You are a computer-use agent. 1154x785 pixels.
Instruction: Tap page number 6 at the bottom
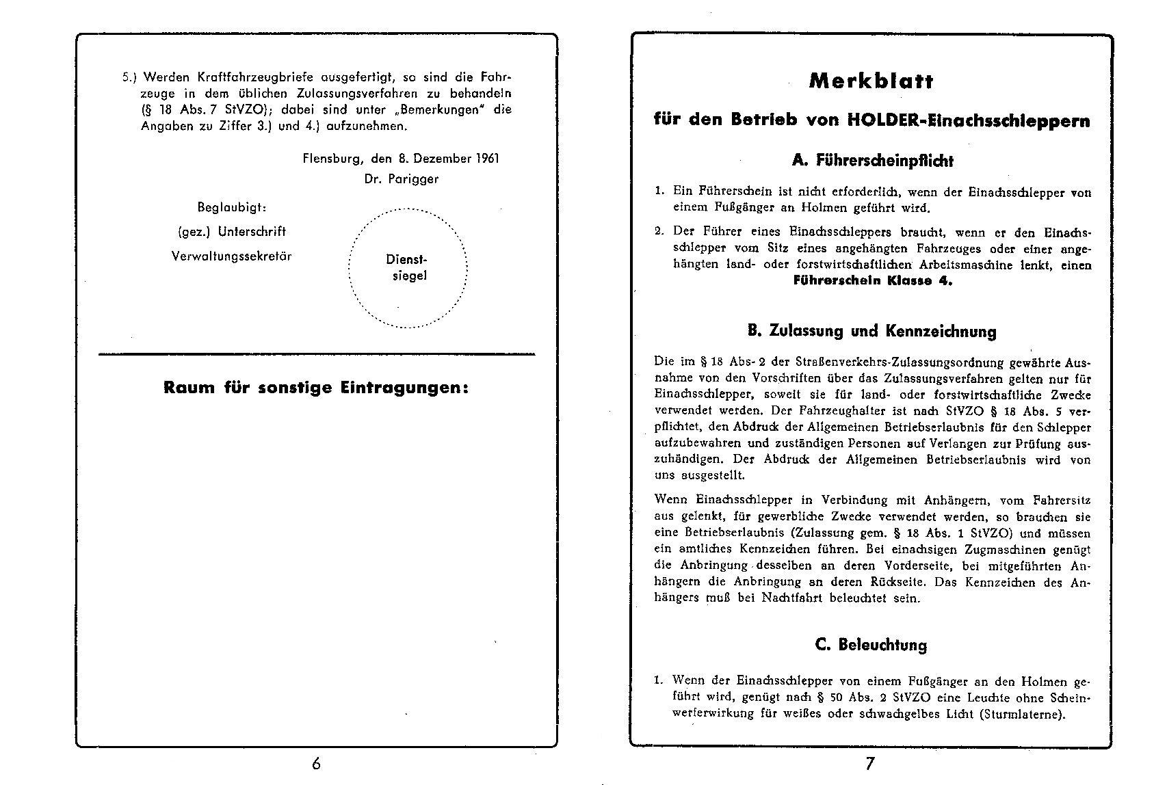(316, 763)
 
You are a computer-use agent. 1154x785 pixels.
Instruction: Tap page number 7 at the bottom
(869, 763)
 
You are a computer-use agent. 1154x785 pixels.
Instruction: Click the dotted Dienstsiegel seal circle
(408, 267)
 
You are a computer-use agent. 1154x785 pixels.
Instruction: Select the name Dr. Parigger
(402, 179)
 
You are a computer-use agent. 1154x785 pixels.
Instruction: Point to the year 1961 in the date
(485, 159)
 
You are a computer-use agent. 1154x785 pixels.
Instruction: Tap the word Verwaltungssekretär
(231, 256)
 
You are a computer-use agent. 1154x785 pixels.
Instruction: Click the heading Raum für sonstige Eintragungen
(316, 388)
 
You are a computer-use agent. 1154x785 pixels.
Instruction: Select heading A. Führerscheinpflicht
(872, 161)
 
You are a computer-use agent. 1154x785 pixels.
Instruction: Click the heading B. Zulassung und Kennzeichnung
(872, 332)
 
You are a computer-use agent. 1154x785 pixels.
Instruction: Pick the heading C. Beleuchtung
(871, 645)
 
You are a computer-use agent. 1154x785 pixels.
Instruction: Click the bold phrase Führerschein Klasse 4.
(872, 281)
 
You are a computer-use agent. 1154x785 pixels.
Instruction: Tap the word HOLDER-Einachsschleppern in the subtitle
(969, 121)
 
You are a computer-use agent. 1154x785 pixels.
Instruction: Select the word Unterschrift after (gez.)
(252, 232)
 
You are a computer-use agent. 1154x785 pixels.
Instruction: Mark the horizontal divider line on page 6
(316, 354)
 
